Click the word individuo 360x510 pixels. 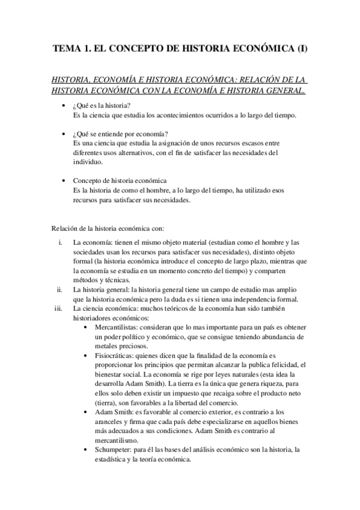click(88, 162)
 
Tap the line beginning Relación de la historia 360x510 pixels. click(104, 228)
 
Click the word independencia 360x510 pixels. click(246, 300)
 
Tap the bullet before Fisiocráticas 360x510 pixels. click(89, 356)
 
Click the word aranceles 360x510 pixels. click(110, 422)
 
